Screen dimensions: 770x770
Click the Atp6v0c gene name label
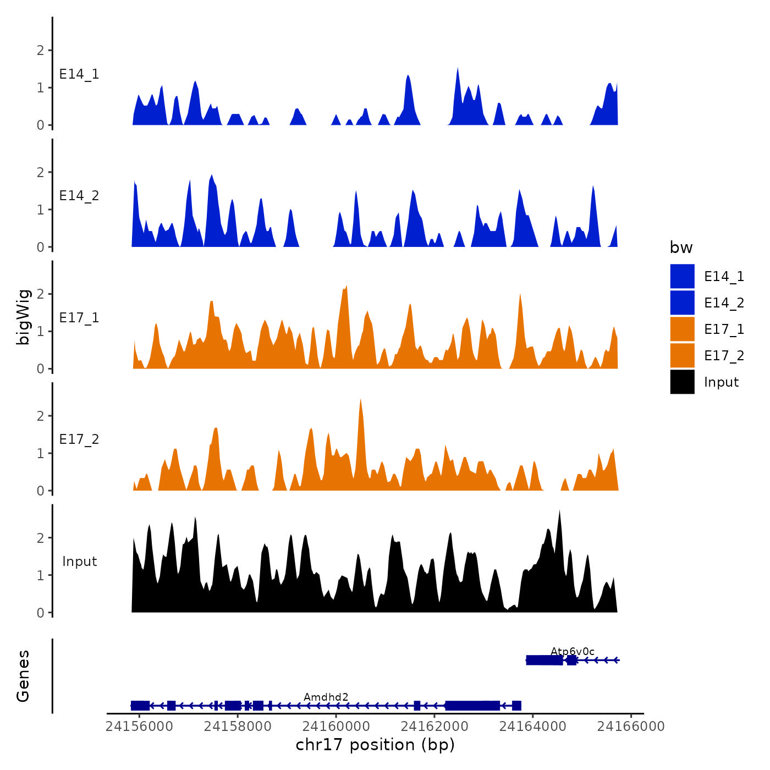coord(573,652)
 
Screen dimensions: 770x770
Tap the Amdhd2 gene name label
coord(326,697)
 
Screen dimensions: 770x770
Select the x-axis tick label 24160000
coord(336,727)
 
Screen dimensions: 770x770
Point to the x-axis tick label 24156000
coord(139,727)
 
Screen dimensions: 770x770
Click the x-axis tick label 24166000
coord(631,727)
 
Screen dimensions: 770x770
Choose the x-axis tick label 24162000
coord(435,727)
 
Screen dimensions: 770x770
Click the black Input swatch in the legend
coord(682,382)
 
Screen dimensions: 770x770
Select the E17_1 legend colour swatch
coord(682,329)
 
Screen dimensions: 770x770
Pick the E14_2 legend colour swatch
coord(682,303)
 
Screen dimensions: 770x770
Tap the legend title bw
coord(681,248)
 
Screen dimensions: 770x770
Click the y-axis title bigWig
coord(23,317)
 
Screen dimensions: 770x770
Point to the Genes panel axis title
coord(23,676)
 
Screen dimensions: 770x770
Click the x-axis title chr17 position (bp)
coord(375,745)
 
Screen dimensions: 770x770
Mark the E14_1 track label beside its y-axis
coord(79,74)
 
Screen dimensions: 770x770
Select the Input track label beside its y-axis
coord(79,562)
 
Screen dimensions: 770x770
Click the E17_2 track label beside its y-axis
coord(79,439)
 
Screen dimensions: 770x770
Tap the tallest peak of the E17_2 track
coord(360,400)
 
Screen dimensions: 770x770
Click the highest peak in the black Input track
coord(559,512)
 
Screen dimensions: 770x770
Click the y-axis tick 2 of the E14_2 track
coord(40,173)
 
